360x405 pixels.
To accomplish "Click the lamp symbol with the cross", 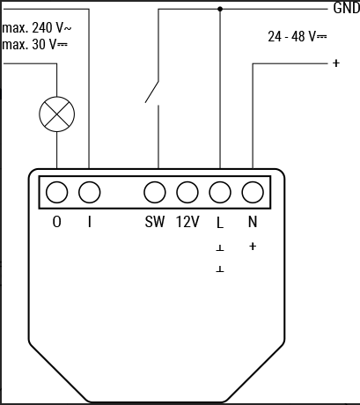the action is [57, 114].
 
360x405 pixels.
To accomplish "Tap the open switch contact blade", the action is [152, 92].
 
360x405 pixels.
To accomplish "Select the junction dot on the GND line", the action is [220, 9].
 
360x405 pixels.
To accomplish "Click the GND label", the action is [346, 8].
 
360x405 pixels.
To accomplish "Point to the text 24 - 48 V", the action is [298, 37].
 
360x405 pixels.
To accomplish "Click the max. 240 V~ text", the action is [37, 28].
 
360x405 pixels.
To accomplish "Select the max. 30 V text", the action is [34, 45].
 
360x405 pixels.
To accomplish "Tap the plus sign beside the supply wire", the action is [336, 63].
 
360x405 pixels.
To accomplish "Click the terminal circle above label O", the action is [57, 192].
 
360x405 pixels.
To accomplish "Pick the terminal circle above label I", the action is [90, 192].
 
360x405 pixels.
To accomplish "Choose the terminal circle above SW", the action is [155, 192].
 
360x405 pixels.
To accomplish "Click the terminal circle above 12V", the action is [187, 192].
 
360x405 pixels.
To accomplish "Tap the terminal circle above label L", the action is [220, 192].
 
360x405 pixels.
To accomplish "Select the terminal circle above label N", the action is [253, 192].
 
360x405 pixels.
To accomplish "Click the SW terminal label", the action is [155, 222].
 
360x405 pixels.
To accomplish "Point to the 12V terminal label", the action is [187, 222].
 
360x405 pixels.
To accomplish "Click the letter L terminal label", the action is [220, 223].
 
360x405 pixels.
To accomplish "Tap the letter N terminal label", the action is [253, 222].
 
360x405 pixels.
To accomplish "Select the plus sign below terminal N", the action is [253, 247].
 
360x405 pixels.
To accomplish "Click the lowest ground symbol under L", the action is [220, 269].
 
